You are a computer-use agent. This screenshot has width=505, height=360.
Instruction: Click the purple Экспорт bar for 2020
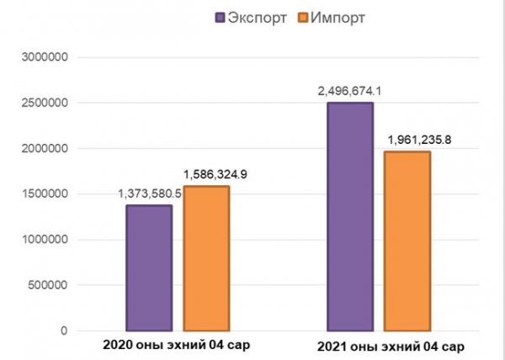coord(148,267)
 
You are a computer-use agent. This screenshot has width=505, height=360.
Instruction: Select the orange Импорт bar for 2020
coord(205,258)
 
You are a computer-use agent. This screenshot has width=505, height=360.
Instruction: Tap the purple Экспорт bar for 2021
coord(350,216)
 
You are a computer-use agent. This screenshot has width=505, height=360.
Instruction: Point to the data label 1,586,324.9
coord(208,174)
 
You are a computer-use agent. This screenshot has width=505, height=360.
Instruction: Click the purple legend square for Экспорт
coord(221,16)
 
